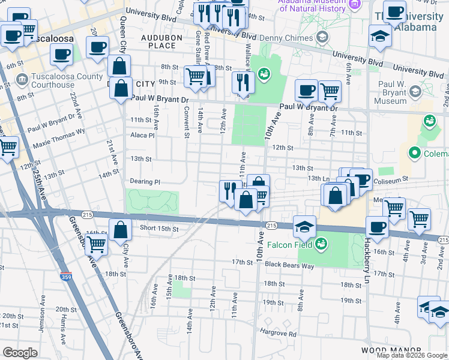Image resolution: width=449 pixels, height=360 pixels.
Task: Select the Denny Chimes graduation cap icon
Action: [x=323, y=38]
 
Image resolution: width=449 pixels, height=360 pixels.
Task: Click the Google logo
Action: [x=20, y=353]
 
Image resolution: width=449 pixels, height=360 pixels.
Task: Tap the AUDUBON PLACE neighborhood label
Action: [x=157, y=41]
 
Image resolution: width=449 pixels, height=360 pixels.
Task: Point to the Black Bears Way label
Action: [x=289, y=264]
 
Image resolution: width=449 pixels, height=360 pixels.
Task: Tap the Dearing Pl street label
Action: [x=145, y=181]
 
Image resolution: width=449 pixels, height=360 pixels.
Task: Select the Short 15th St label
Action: [x=159, y=229]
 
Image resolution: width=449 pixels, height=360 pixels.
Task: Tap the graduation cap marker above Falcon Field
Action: [x=305, y=227]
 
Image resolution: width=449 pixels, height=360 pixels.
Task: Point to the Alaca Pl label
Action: [x=142, y=136]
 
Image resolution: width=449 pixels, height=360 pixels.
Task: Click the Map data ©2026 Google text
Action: [x=412, y=355]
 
